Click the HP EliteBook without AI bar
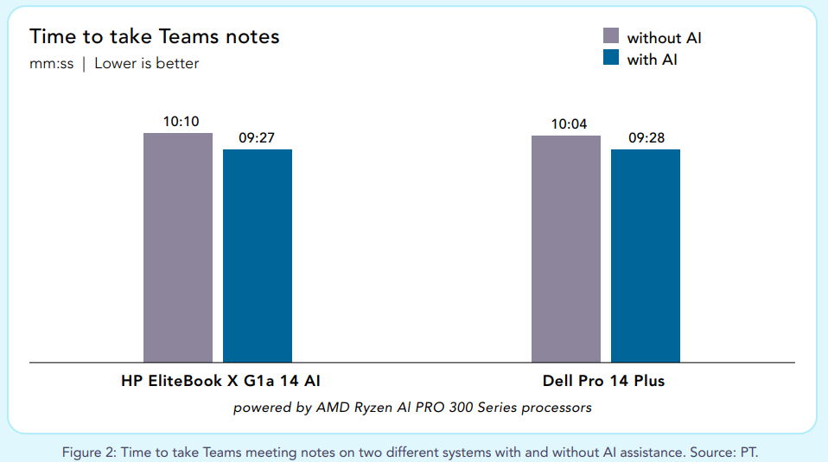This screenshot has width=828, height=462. point(177,247)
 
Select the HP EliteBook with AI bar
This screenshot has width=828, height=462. point(257,256)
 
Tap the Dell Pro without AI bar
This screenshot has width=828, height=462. point(565,249)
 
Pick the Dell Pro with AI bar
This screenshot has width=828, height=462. point(645,256)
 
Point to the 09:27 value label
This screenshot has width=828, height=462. point(257,138)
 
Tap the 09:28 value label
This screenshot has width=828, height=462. point(646,138)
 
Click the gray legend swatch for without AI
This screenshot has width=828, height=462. point(611,35)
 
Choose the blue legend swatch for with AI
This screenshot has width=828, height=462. point(611,58)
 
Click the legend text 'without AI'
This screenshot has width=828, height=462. point(670,38)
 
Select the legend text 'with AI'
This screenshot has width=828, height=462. point(652,60)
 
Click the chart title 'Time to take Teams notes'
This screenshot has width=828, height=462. point(154,36)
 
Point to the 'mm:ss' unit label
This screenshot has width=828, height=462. point(51,64)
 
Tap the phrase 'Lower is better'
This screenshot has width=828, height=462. point(146,64)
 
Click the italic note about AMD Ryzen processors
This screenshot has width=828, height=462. point(412,407)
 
